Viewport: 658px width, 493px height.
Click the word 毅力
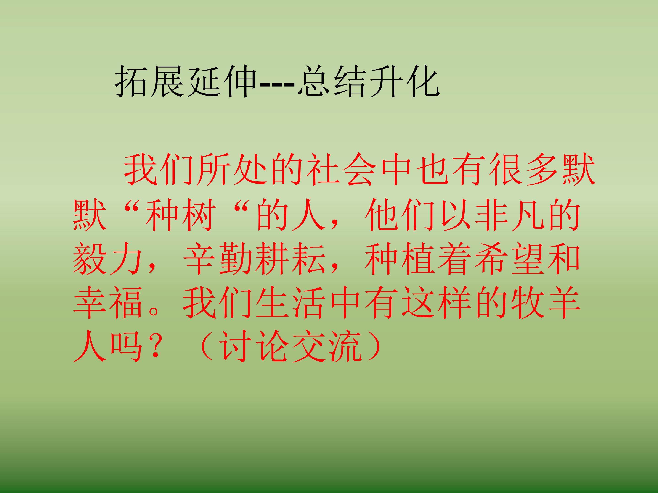(107, 259)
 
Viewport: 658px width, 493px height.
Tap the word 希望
(508, 259)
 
